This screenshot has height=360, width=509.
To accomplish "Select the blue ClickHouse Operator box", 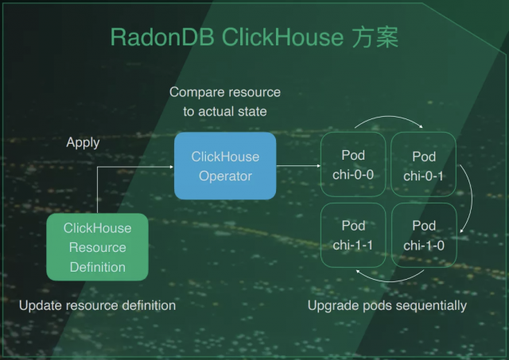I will tap(225, 166).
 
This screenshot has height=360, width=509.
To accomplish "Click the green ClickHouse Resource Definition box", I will tap(97, 247).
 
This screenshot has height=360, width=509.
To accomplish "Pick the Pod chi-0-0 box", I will tap(352, 165).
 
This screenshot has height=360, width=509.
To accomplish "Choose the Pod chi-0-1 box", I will tap(423, 165).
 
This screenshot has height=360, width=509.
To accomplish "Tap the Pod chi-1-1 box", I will tap(352, 235).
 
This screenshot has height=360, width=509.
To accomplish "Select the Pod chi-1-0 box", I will tap(423, 235).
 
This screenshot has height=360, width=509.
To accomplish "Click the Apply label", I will tap(83, 142).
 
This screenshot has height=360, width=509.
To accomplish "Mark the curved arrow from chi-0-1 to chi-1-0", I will tap(468, 200).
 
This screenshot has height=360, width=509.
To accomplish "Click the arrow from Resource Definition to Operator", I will tap(119, 168).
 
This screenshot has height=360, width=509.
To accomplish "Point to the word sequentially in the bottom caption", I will tap(433, 305).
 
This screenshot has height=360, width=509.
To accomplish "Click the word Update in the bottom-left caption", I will tap(39, 305).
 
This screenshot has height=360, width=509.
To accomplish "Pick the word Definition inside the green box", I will tap(97, 267).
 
